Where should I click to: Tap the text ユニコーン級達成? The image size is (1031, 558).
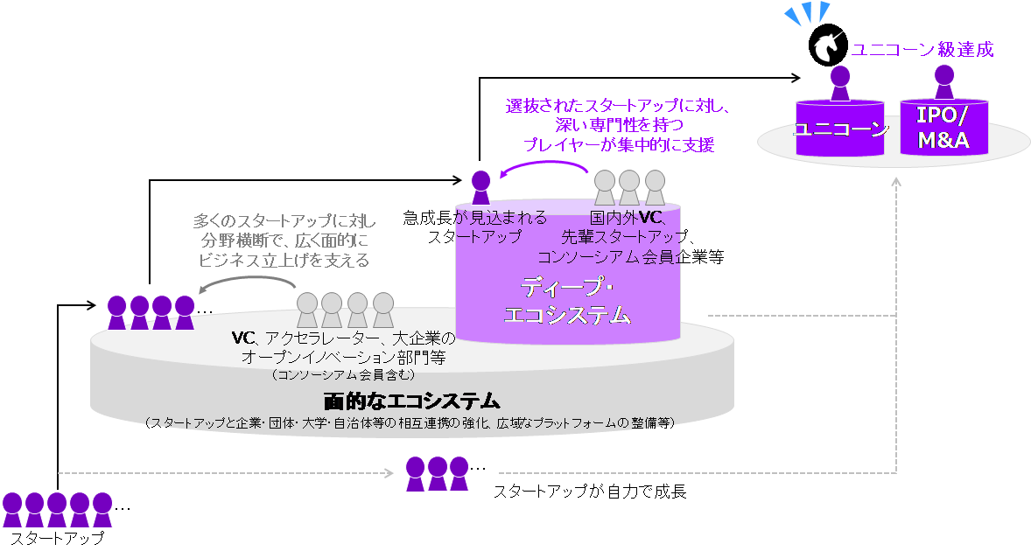coord(922,49)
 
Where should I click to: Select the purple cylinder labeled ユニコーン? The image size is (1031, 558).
coord(841,129)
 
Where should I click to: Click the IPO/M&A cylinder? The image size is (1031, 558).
coord(943,129)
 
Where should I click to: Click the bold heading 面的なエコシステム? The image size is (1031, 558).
coord(410,401)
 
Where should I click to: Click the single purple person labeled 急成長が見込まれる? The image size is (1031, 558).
coord(480,182)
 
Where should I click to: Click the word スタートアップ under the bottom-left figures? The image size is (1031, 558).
coord(56,538)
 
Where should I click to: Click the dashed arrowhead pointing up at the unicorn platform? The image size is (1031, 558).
coord(895,181)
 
